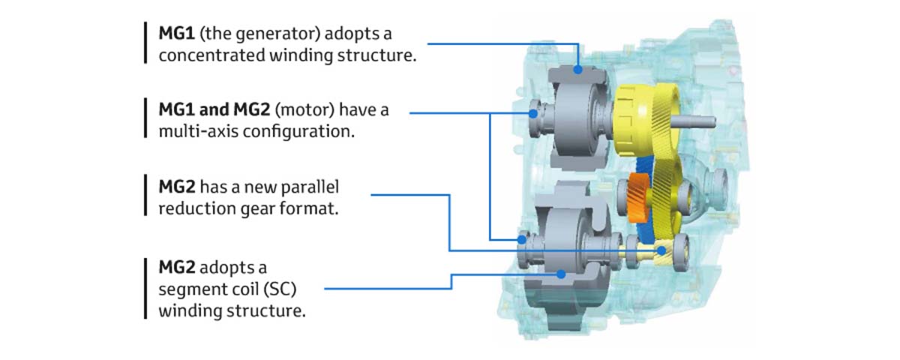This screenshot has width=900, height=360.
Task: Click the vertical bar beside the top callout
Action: (145, 43)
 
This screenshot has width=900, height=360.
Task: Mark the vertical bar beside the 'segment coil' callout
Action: (145, 289)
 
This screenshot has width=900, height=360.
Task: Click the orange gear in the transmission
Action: (640, 196)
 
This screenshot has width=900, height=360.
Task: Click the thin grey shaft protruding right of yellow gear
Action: (697, 120)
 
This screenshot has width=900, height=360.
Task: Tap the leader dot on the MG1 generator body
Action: (577, 70)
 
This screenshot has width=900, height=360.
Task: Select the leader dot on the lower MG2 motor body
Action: (560, 274)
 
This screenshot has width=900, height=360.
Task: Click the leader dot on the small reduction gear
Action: (663, 250)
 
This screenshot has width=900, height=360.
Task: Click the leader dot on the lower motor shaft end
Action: (520, 239)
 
